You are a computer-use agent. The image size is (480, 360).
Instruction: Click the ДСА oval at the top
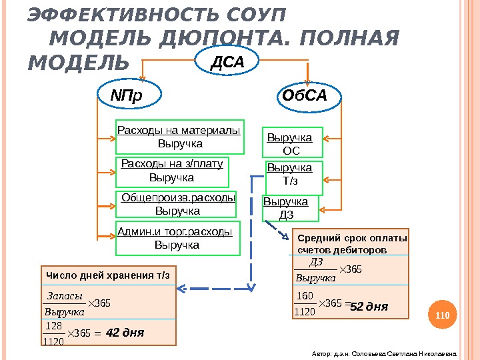click(228, 62)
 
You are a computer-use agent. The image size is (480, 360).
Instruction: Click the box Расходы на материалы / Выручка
click(179, 137)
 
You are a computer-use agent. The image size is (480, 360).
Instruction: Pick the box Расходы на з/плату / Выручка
click(173, 171)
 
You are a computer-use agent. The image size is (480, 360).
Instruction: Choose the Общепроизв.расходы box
click(178, 204)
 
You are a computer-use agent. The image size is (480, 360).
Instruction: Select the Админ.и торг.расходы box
click(177, 238)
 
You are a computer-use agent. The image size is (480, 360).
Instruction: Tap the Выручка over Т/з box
click(294, 175)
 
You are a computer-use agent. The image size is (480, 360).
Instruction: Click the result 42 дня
click(125, 332)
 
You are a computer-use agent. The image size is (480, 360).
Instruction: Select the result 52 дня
click(369, 307)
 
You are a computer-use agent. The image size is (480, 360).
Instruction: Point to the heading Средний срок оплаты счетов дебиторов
click(351, 244)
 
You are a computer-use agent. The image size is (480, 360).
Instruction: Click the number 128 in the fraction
click(54, 325)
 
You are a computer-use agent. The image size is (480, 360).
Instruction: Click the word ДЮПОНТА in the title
click(221, 40)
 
